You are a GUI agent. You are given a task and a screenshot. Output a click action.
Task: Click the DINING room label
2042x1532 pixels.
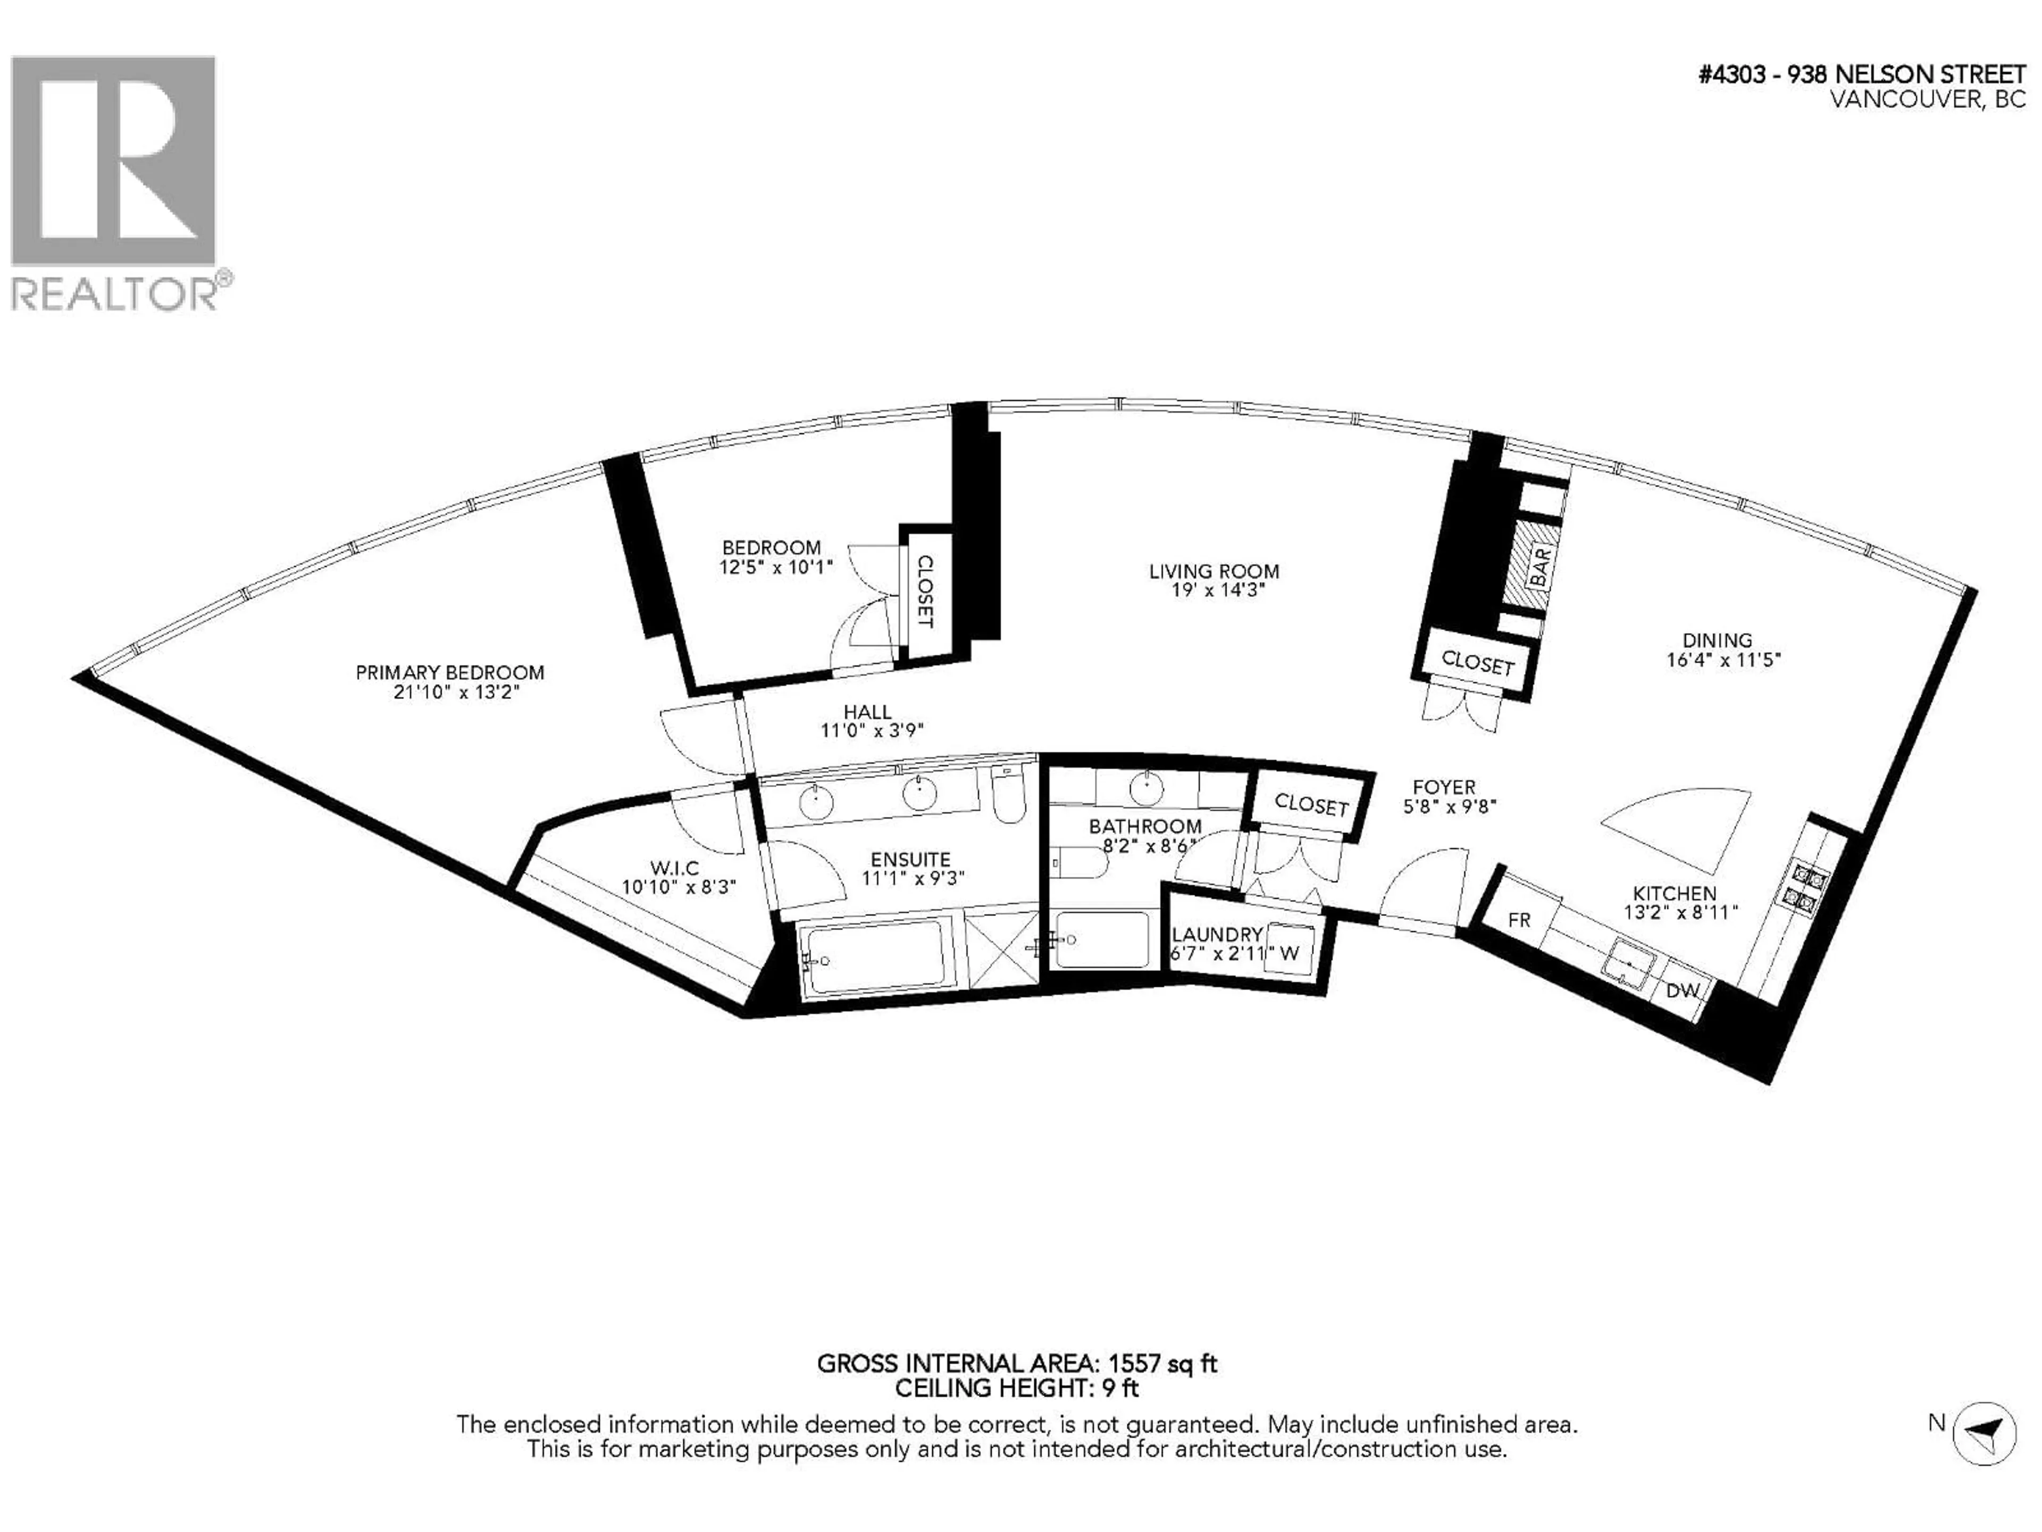click(x=1717, y=640)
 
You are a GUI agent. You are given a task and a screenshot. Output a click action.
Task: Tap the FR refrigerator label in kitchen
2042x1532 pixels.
click(x=1519, y=920)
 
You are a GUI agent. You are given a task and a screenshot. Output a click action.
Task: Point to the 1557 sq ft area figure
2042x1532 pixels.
click(x=1162, y=1363)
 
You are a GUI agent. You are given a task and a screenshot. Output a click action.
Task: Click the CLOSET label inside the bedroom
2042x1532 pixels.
click(x=924, y=591)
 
